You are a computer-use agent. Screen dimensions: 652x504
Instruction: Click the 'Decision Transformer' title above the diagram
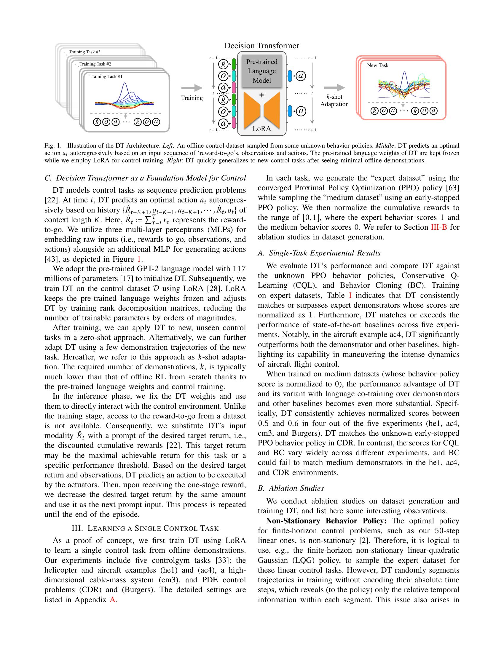point(261,46)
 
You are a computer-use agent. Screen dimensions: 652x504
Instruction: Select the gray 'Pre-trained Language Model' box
point(261,71)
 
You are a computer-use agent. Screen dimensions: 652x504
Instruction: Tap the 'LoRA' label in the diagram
point(261,129)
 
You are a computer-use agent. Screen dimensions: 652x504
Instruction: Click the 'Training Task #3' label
point(84,52)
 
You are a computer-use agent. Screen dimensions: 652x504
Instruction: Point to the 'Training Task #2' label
point(95,64)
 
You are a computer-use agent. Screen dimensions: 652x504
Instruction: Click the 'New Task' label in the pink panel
point(378,65)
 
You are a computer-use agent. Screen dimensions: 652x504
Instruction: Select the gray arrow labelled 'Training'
point(192,88)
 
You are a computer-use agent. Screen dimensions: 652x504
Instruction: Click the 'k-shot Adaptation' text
point(334,100)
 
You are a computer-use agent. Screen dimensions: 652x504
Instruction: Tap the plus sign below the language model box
point(262,95)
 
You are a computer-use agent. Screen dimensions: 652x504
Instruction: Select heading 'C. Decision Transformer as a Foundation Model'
point(145,178)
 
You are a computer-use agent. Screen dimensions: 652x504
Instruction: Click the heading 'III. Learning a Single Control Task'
point(145,528)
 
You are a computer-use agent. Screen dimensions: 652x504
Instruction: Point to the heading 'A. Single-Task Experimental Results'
point(319,253)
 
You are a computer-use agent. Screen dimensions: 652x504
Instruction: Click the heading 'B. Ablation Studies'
point(291,488)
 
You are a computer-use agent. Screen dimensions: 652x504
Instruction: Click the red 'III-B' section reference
point(438,227)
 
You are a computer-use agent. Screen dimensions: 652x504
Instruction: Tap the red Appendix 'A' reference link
point(112,600)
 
